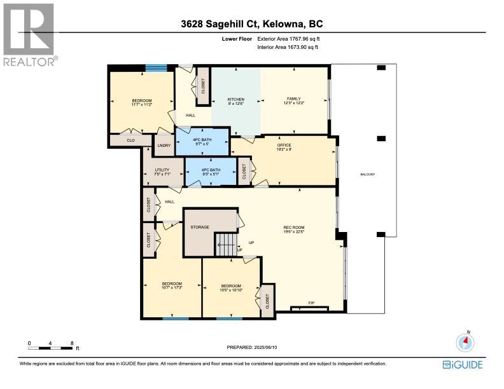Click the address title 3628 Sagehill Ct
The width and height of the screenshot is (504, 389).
pyautogui.click(x=251, y=25)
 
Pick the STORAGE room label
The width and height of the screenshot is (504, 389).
pyautogui.click(x=200, y=227)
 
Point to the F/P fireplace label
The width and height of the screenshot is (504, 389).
pyautogui.click(x=311, y=303)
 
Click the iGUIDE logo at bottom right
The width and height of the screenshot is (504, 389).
pyautogui.click(x=462, y=364)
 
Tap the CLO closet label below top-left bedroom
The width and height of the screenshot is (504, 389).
pyautogui.click(x=130, y=140)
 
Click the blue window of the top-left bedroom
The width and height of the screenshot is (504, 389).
pyautogui.click(x=156, y=68)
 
